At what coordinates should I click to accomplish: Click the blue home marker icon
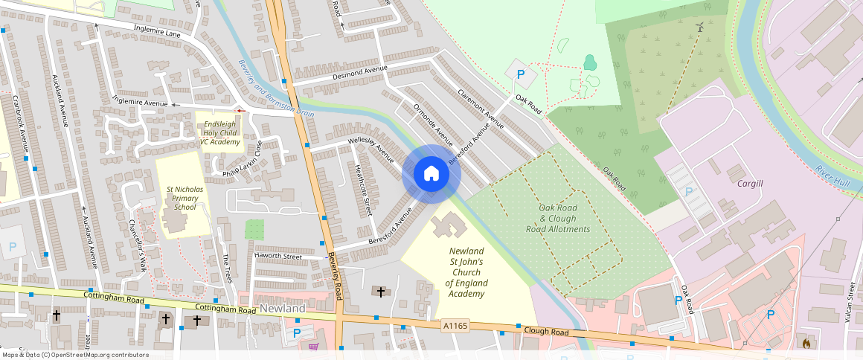pyautogui.click(x=431, y=174)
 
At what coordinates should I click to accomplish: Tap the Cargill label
pyautogui.click(x=750, y=183)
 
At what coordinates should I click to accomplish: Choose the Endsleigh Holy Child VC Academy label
pyautogui.click(x=219, y=132)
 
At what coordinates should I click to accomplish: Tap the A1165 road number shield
pyautogui.click(x=455, y=325)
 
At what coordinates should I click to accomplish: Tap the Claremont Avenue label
pyautogui.click(x=481, y=109)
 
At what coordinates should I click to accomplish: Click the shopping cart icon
pyautogui.click(x=313, y=347)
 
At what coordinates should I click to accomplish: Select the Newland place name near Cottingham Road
pyautogui.click(x=282, y=308)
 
